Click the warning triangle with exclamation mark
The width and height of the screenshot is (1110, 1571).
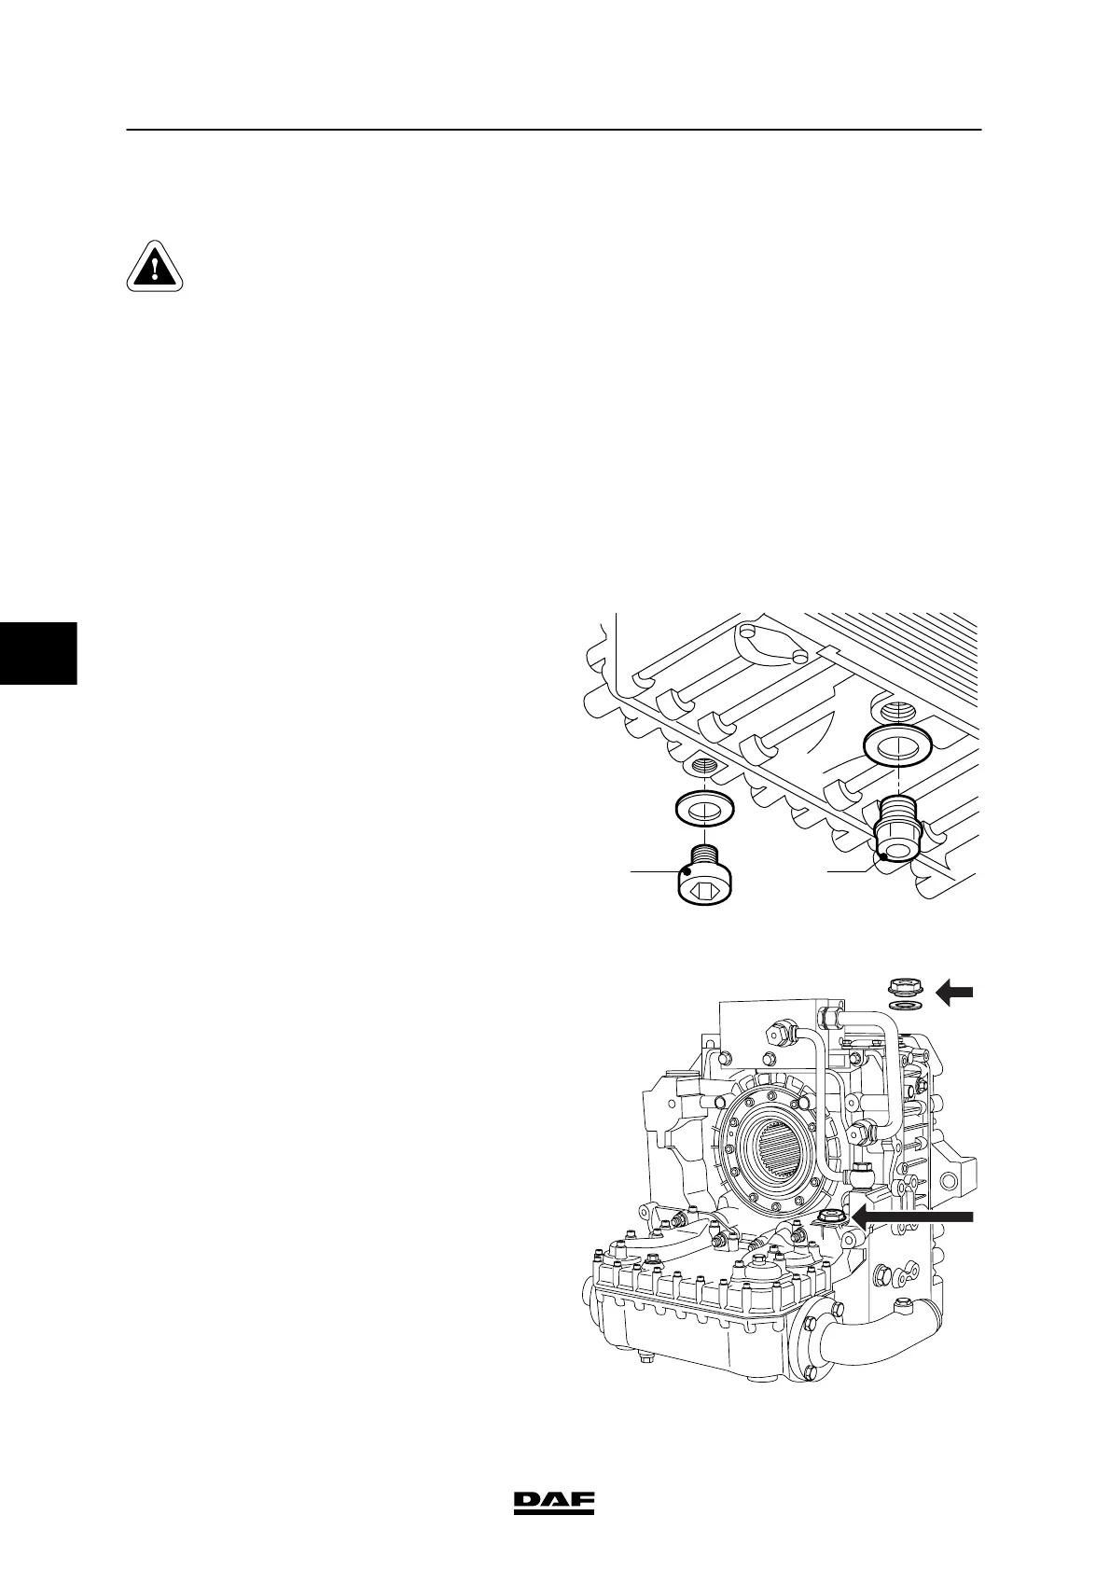155,267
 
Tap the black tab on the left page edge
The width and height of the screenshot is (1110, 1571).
37,652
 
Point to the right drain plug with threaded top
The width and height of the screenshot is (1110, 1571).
898,829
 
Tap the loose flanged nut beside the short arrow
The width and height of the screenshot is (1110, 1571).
902,985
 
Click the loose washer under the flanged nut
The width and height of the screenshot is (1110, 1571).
902,1006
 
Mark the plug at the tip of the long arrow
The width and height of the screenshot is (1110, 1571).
830,1216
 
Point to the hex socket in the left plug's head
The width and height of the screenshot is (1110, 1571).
702,894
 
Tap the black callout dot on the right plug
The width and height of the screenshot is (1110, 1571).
882,855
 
